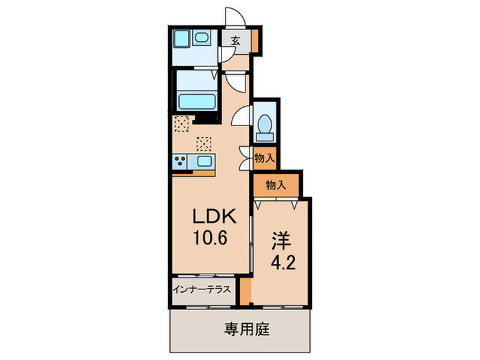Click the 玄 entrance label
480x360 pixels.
point(235,41)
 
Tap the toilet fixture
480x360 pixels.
point(265,125)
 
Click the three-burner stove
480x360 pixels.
point(180,163)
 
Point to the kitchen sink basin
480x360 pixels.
point(203,163)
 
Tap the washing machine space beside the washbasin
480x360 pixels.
point(182,40)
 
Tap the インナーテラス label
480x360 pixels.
point(204,289)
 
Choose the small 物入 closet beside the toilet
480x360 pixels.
point(265,158)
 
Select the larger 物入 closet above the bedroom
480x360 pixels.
point(275,184)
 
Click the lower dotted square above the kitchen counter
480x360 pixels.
point(204,143)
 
